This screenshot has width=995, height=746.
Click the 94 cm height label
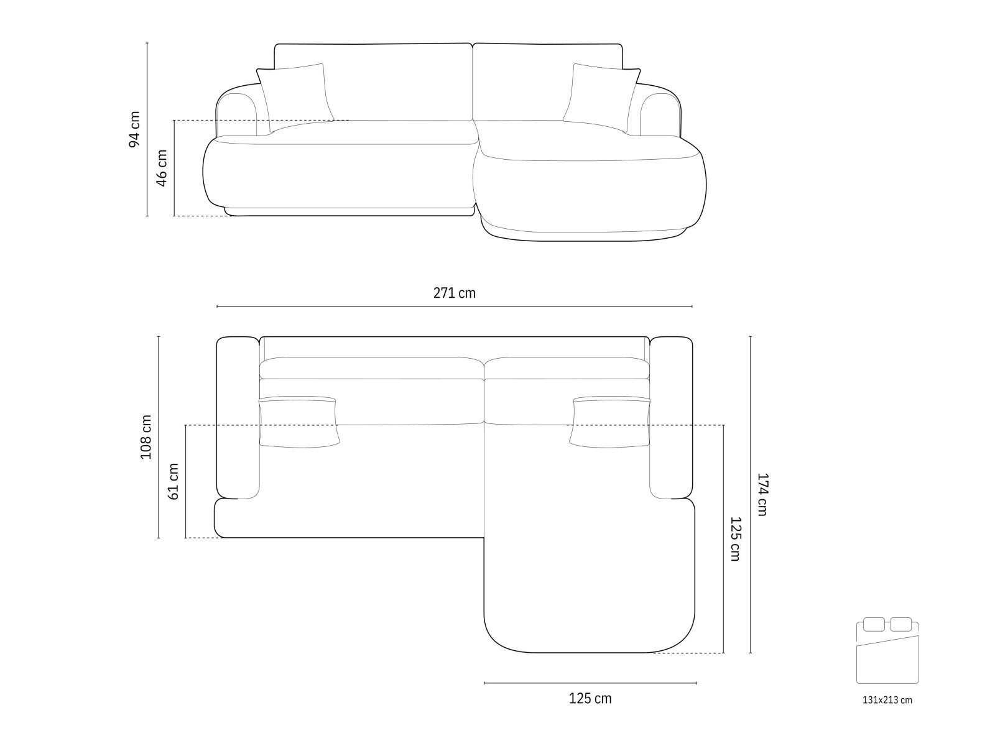click(134, 129)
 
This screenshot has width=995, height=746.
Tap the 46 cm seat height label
click(162, 168)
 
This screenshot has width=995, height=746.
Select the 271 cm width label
click(454, 293)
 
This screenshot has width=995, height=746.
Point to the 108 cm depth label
click(146, 437)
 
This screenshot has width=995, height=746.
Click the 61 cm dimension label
click(173, 481)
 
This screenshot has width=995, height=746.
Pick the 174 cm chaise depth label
click(762, 495)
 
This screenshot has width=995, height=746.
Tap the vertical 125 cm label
click(735, 539)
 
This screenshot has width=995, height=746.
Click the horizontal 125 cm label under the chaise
click(590, 699)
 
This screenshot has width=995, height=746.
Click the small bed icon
click(887, 650)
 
